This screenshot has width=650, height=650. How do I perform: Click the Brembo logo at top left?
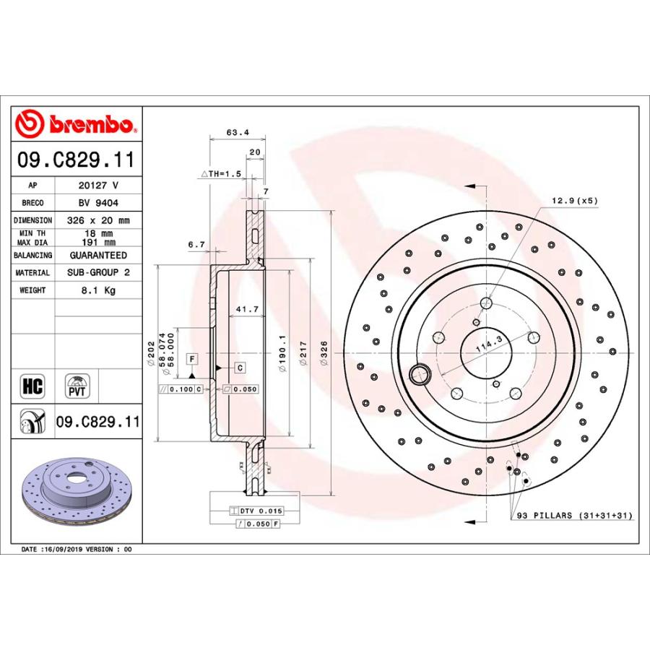(77, 124)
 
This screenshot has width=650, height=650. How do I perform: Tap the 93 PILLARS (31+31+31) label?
(574, 515)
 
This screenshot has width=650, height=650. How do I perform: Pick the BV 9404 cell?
(97, 204)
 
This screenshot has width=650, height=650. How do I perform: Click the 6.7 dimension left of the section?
(196, 245)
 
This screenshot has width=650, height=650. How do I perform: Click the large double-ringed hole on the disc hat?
(419, 374)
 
